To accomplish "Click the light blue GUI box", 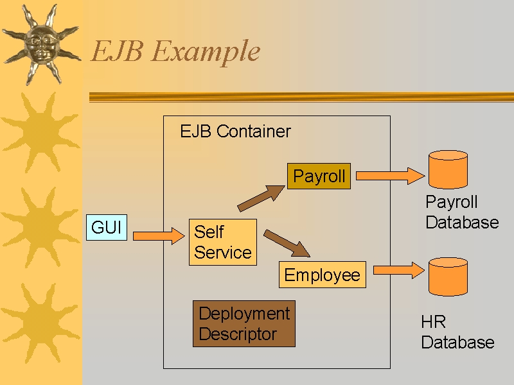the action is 107,228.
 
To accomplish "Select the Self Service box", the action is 223,243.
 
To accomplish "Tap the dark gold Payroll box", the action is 319,176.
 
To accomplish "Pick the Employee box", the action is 323,275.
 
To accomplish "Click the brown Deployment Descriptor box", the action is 244,324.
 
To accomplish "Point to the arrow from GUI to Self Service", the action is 159,235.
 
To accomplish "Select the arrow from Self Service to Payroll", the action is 261,198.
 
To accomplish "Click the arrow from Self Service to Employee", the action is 287,243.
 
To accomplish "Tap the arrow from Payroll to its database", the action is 390,176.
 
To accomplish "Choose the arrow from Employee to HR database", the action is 399,270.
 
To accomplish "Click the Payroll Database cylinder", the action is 448,169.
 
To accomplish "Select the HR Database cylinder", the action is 448,277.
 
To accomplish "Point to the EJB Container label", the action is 235,132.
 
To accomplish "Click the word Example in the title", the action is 206,51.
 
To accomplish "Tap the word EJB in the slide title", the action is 117,51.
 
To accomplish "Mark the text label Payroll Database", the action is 462,212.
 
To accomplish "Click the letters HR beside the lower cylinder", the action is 433,322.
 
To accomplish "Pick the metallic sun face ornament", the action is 41,44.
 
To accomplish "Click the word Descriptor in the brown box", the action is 238,334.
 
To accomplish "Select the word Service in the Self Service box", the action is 223,252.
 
